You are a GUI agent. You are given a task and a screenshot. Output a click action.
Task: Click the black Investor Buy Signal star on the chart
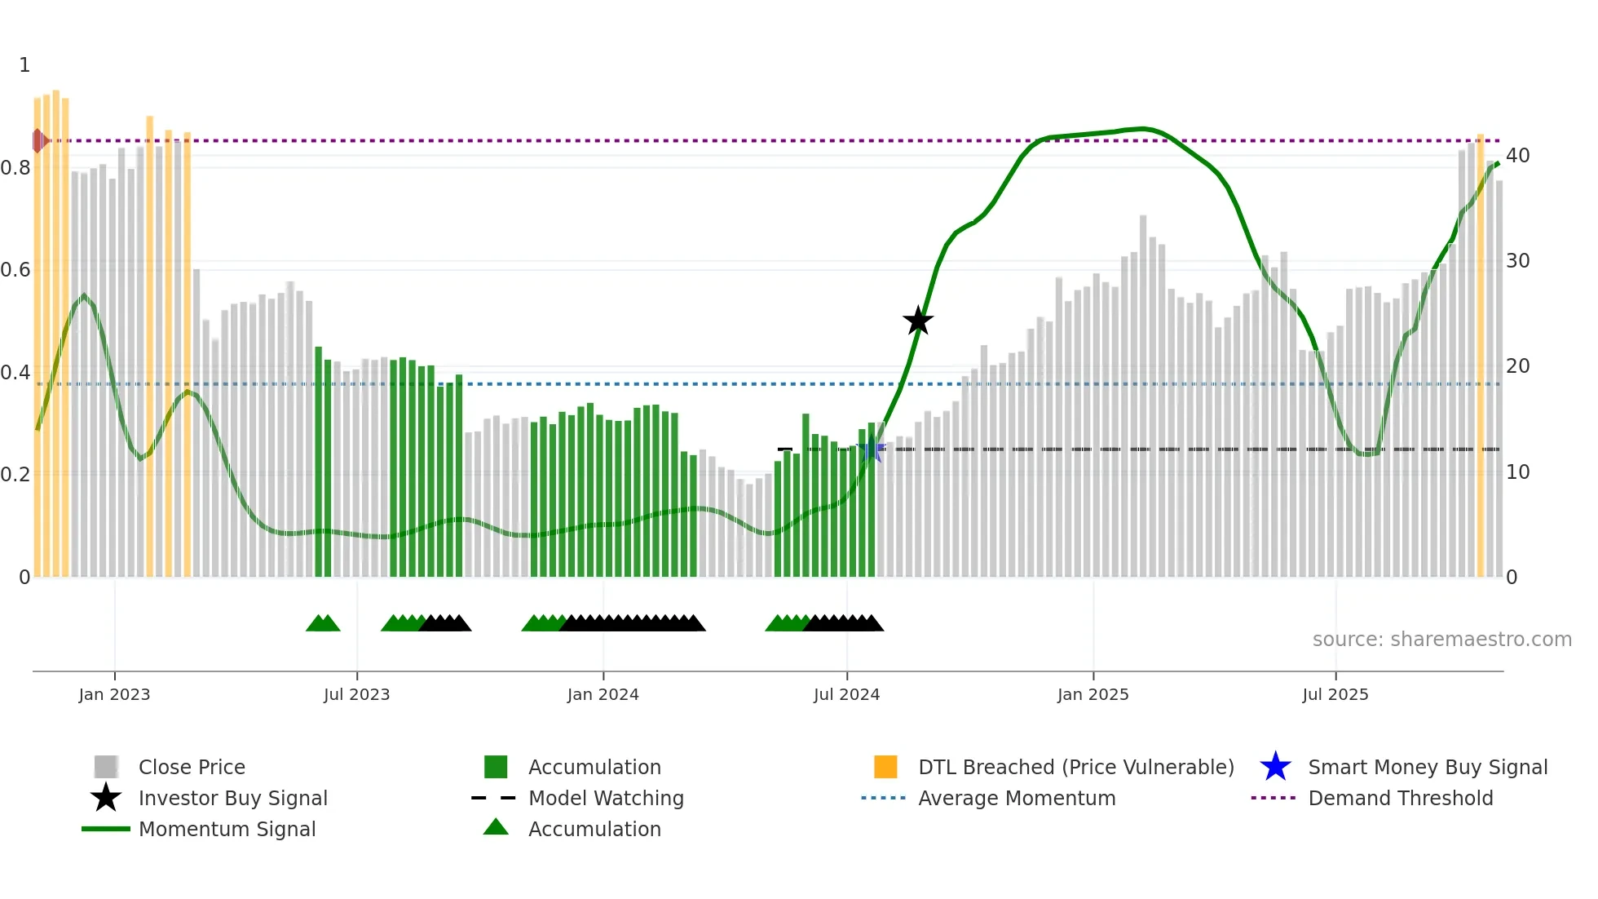(918, 321)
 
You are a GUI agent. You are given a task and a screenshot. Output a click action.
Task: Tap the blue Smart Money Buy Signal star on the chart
(871, 449)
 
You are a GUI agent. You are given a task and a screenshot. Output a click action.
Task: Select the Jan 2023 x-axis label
(114, 694)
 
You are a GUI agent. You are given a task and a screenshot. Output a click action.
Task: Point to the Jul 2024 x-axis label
(846, 694)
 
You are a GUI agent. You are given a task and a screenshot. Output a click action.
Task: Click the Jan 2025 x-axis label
(1093, 694)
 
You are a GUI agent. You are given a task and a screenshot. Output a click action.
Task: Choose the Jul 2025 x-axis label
(1335, 694)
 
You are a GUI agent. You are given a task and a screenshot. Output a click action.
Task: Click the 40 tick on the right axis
(1517, 155)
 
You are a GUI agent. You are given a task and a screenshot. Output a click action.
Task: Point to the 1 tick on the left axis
(24, 65)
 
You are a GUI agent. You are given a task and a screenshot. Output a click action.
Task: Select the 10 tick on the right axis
(1517, 472)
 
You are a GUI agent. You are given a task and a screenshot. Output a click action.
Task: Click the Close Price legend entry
(192, 767)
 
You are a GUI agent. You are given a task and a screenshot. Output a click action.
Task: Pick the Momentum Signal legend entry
(227, 829)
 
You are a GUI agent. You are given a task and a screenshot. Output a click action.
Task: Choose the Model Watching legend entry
(606, 798)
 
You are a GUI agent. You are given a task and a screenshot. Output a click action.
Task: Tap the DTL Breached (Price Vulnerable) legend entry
(1075, 767)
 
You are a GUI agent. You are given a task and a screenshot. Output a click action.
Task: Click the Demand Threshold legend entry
(1400, 798)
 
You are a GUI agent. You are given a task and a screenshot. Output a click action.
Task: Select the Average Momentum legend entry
(1017, 798)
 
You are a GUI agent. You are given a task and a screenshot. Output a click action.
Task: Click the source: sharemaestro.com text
(1441, 639)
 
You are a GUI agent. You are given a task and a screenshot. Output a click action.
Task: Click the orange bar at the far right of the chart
(1481, 355)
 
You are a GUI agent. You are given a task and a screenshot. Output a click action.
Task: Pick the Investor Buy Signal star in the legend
(106, 798)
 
